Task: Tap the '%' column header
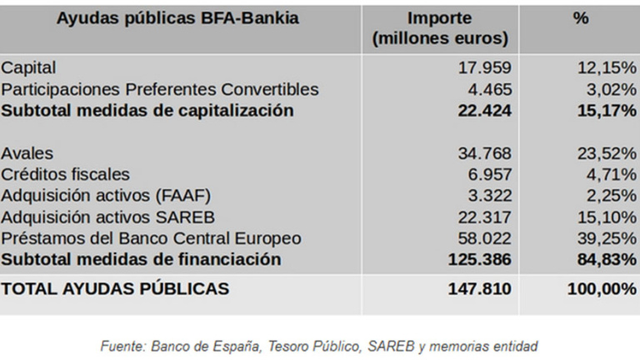pyautogui.click(x=580, y=19)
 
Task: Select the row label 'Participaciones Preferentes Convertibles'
pyautogui.click(x=160, y=89)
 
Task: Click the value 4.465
pyautogui.click(x=490, y=89)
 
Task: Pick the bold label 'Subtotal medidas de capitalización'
pyautogui.click(x=147, y=110)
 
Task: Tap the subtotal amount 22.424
pyautogui.click(x=483, y=110)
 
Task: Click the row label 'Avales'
pyautogui.click(x=27, y=153)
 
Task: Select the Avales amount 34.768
pyautogui.click(x=484, y=153)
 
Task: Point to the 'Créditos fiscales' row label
pyautogui.click(x=65, y=174)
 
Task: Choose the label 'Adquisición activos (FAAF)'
pyautogui.click(x=106, y=196)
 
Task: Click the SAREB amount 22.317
pyautogui.click(x=484, y=217)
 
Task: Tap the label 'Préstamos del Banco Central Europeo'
pyautogui.click(x=151, y=238)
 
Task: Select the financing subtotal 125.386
pyautogui.click(x=480, y=259)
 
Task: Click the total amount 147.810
pyautogui.click(x=480, y=289)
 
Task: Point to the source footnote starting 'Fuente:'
pyautogui.click(x=319, y=345)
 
